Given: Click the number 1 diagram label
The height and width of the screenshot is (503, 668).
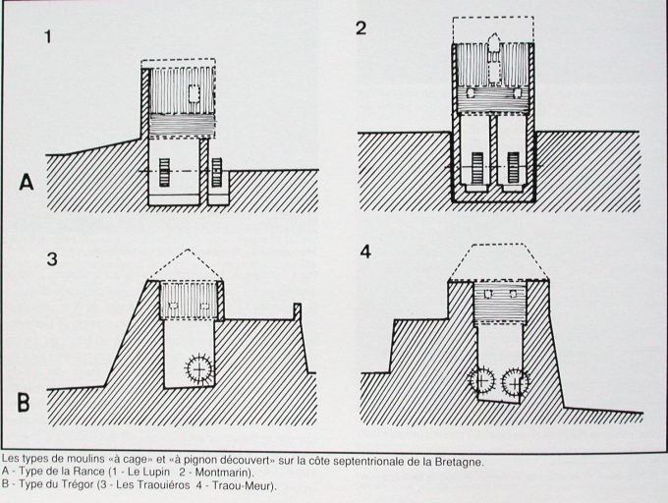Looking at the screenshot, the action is [x=48, y=36].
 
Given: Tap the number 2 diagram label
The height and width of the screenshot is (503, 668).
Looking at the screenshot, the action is [x=361, y=28].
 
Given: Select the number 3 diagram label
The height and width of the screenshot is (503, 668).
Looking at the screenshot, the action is [x=52, y=259].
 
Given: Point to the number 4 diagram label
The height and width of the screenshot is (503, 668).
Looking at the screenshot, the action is [x=365, y=251].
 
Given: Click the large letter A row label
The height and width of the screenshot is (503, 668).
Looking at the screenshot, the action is [x=27, y=183].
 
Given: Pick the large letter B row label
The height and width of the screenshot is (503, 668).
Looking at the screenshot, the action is [x=24, y=403].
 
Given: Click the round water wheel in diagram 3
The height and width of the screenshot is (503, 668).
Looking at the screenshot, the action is [x=199, y=368].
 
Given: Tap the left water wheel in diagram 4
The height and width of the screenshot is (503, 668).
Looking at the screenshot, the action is [x=481, y=380].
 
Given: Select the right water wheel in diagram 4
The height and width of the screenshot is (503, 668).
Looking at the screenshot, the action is [x=516, y=382].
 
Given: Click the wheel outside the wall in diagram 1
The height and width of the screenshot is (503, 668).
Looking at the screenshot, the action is [x=217, y=172].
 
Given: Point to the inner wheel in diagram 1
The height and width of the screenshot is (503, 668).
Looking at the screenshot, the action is [x=164, y=172].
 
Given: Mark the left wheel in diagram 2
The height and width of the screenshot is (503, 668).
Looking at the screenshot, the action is [x=477, y=167].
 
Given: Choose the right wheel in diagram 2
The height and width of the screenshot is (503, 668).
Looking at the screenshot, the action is [x=513, y=167].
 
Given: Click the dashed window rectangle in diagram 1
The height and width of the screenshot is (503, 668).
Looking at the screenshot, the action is [x=194, y=93].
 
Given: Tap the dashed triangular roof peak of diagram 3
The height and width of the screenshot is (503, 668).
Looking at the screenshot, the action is [x=189, y=250].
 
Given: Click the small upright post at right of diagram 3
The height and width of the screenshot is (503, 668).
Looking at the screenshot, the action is [x=298, y=311].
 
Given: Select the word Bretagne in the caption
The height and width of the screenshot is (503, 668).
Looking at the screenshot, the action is [x=463, y=462].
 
